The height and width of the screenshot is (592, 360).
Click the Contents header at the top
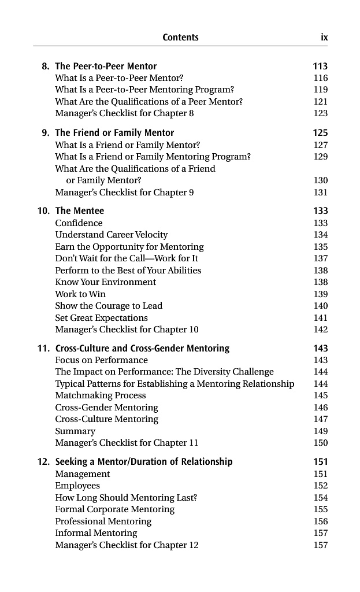coord(180,38)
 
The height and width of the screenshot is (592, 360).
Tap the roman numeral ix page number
coord(324,38)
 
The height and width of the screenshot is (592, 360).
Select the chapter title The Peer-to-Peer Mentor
coord(106,66)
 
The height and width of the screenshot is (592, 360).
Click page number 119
coord(320,90)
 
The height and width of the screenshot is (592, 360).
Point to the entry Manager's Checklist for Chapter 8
coord(124,113)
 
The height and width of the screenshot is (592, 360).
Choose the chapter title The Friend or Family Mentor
coord(114,133)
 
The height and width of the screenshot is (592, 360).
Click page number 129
coord(320,157)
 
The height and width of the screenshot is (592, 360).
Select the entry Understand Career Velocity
coord(112,235)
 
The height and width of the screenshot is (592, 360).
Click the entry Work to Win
coord(80,294)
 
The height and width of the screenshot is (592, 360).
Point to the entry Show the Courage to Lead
coord(109,306)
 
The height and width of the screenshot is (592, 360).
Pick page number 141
coord(320,318)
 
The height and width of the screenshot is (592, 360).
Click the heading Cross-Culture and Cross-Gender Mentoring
coord(142,349)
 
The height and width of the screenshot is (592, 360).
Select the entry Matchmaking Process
coord(101,396)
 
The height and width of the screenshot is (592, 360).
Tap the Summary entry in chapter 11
coord(75,431)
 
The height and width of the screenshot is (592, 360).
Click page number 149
coord(320,431)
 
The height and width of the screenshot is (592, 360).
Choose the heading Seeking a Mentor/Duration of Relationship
coord(144,462)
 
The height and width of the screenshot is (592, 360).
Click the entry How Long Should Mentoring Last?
coord(127,498)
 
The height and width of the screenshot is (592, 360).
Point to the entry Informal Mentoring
coord(96,533)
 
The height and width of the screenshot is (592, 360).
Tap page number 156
coord(320,521)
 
